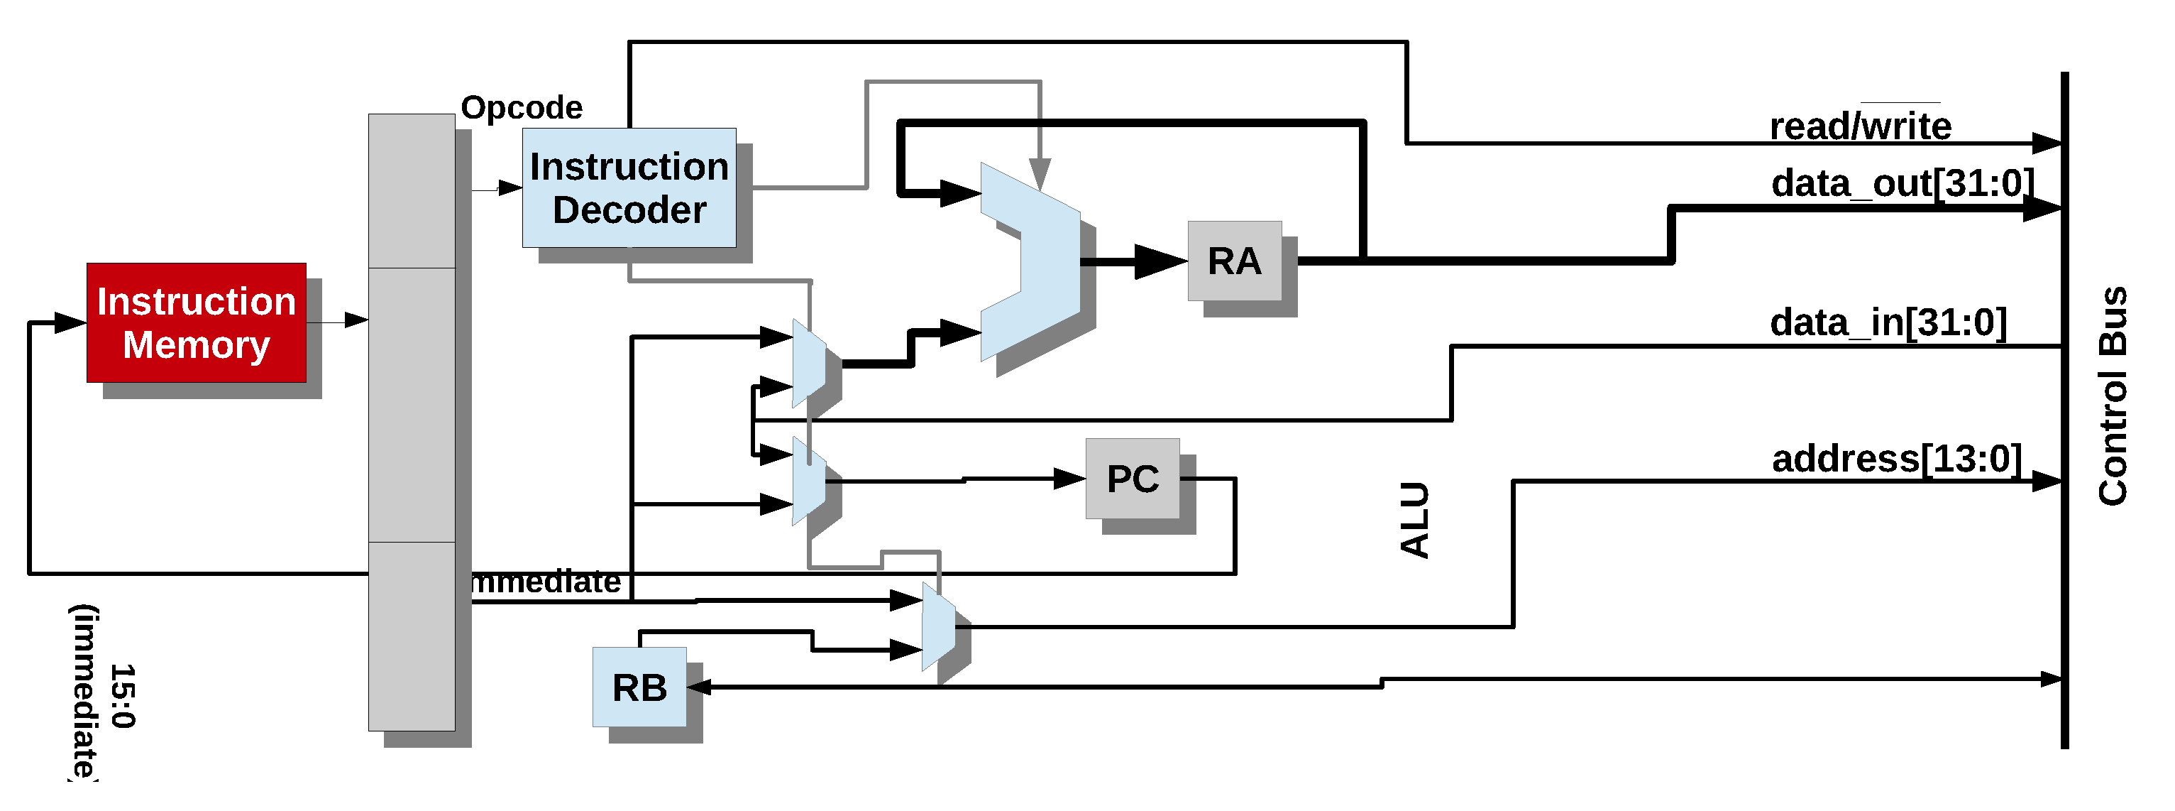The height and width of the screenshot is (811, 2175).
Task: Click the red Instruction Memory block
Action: [x=196, y=322]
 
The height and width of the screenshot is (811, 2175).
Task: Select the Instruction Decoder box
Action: [x=629, y=187]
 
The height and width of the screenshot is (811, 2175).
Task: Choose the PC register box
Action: [x=1133, y=479]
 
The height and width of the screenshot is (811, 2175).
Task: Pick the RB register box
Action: [x=639, y=687]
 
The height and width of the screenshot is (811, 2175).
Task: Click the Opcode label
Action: [x=521, y=108]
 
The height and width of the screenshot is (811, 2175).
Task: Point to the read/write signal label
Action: [x=1860, y=126]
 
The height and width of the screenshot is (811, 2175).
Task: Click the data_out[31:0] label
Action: [x=1903, y=183]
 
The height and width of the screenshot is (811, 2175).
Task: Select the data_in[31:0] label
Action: [x=1888, y=322]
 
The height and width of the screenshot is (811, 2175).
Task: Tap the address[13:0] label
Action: [x=1896, y=459]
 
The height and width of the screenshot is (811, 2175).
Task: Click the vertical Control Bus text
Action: [x=2113, y=397]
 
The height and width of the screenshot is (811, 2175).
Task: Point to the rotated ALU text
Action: [x=1415, y=521]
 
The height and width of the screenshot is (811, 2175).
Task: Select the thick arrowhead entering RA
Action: [x=1161, y=262]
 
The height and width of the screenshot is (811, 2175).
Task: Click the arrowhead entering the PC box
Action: [x=1070, y=479]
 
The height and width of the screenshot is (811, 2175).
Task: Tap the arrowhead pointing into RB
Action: [x=699, y=687]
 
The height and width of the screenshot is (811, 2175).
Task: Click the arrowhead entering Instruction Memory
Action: [x=71, y=322]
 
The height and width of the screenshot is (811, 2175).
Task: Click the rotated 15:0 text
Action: [x=123, y=696]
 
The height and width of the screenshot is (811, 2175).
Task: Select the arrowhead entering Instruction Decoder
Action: [x=510, y=187]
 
